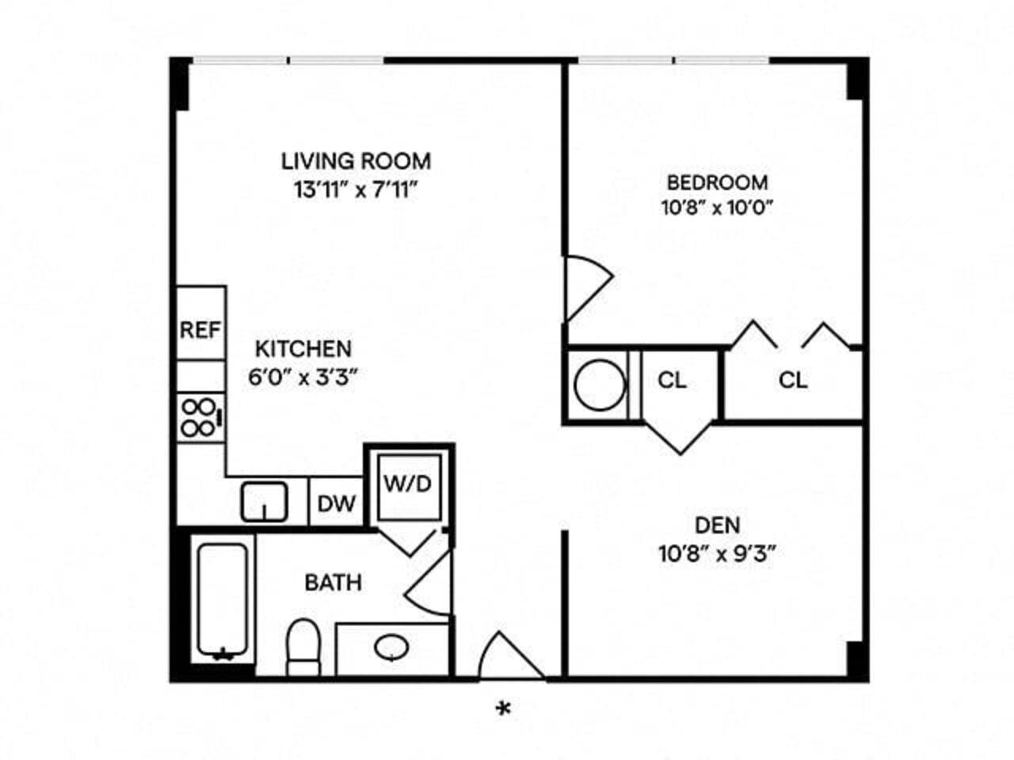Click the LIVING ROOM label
tap(356, 161)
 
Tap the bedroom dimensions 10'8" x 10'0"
tap(717, 208)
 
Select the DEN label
tap(717, 525)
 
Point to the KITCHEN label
tap(303, 348)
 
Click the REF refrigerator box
tap(200, 329)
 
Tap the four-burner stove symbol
tap(200, 417)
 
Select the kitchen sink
tap(264, 501)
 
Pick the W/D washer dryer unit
tap(408, 484)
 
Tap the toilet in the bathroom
tap(302, 645)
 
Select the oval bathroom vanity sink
tap(391, 648)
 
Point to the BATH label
tap(334, 583)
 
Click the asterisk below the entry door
tap(502, 709)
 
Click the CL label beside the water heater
tap(672, 381)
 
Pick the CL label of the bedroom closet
tap(793, 381)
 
